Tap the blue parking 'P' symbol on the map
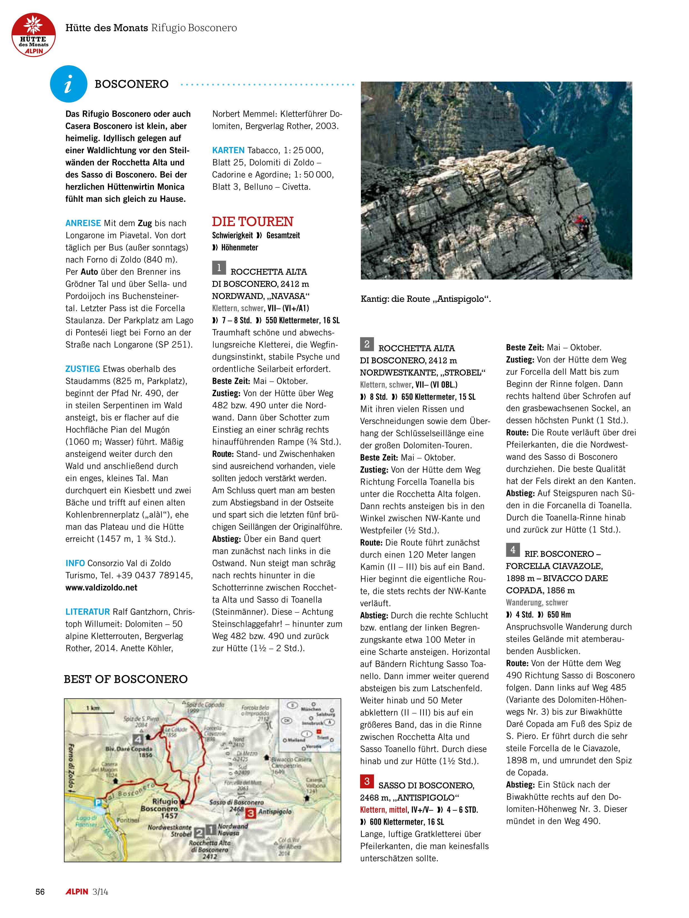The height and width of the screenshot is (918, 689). pyautogui.click(x=98, y=803)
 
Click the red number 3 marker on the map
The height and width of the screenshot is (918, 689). pyautogui.click(x=250, y=813)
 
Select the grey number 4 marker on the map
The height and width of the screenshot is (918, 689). pyautogui.click(x=138, y=739)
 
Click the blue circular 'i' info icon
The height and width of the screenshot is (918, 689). pyautogui.click(x=69, y=84)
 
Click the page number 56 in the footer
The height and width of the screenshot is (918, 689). pyautogui.click(x=40, y=891)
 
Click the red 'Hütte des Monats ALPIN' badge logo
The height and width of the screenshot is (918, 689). pyautogui.click(x=33, y=34)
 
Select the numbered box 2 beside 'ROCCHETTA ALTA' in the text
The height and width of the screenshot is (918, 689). pyautogui.click(x=367, y=344)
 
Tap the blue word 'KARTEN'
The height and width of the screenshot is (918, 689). pyautogui.click(x=228, y=150)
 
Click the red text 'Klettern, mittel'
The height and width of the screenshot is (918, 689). pyautogui.click(x=383, y=810)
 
